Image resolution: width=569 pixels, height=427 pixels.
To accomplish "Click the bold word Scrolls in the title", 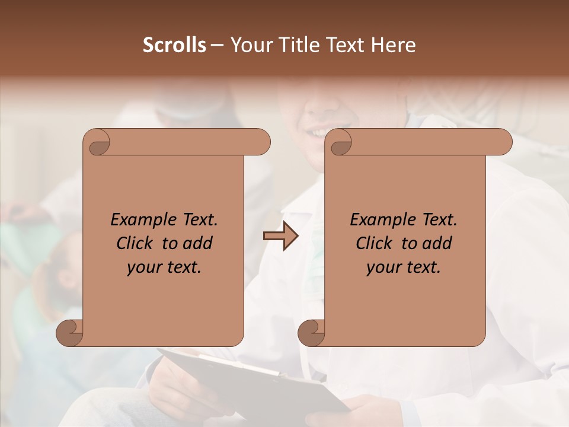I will pyautogui.click(x=174, y=45).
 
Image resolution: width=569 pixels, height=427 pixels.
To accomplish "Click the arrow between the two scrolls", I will pyautogui.click(x=280, y=236).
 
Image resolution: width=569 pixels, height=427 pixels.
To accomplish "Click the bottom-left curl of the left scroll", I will pyautogui.click(x=69, y=333).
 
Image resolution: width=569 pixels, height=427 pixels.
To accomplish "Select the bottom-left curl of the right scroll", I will pyautogui.click(x=311, y=333).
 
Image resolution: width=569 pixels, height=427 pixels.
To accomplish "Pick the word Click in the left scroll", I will pyautogui.click(x=134, y=243).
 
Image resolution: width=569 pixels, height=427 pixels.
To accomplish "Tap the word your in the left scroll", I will pyautogui.click(x=144, y=267).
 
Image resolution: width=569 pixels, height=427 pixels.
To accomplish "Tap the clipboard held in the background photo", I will pyautogui.click(x=249, y=380).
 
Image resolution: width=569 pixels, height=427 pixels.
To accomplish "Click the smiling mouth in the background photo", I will pyautogui.click(x=318, y=132).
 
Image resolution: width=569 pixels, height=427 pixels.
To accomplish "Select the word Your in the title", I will pyautogui.click(x=248, y=45).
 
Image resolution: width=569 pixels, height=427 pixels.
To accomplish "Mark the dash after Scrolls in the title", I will pyautogui.click(x=217, y=45).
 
